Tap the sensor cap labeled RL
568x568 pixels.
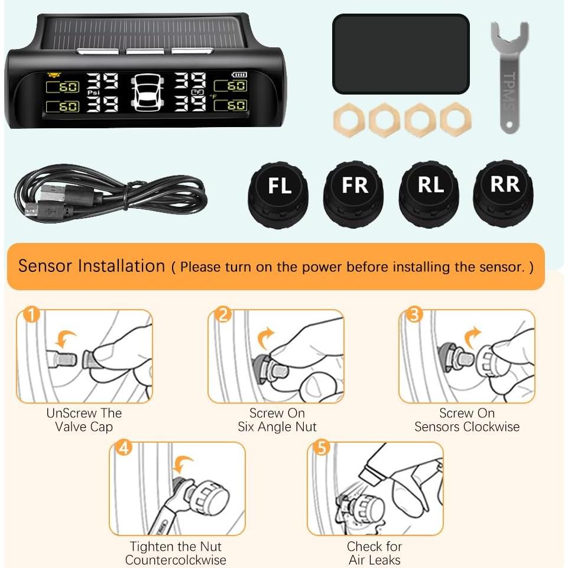pos(430,193)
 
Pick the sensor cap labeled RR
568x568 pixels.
pos(504,192)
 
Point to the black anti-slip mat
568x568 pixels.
pos(401,54)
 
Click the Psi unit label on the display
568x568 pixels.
pos(93,93)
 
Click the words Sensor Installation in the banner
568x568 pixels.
pos(92,266)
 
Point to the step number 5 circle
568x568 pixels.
pos(322,449)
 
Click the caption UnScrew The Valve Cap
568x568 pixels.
pos(84,420)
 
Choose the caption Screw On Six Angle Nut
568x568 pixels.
pos(277,420)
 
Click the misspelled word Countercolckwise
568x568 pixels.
pos(176,560)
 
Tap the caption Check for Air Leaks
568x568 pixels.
pos(374,553)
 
